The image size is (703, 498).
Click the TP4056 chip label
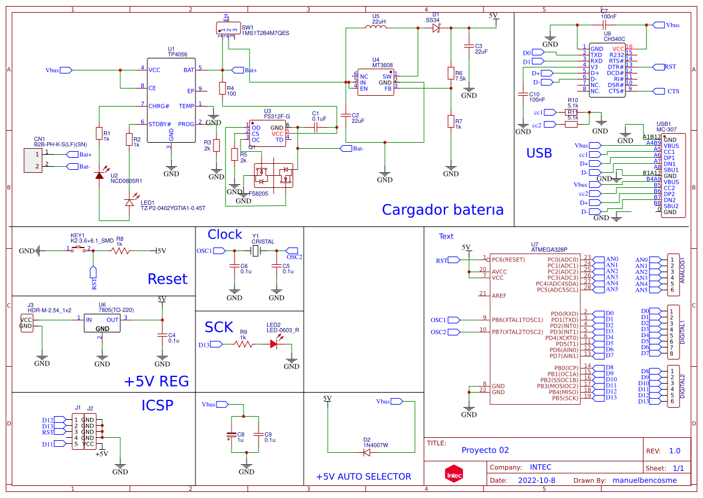pos(177,54)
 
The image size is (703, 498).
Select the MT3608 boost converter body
pos(375,82)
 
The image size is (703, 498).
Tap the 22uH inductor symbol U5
pos(379,28)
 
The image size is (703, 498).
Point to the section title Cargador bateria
pos(443,210)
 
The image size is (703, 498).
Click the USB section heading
pos(539,153)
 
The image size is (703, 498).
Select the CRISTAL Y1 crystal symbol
pos(256,251)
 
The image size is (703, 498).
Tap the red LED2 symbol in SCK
pos(274,344)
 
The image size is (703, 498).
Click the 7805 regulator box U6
pos(102,324)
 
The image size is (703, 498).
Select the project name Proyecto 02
pos(485,450)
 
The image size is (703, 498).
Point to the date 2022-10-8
pos(536,481)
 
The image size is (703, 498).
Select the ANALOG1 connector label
pos(682,272)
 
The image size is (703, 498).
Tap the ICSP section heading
pos(157,405)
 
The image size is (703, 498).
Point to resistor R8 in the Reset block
pos(120,251)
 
